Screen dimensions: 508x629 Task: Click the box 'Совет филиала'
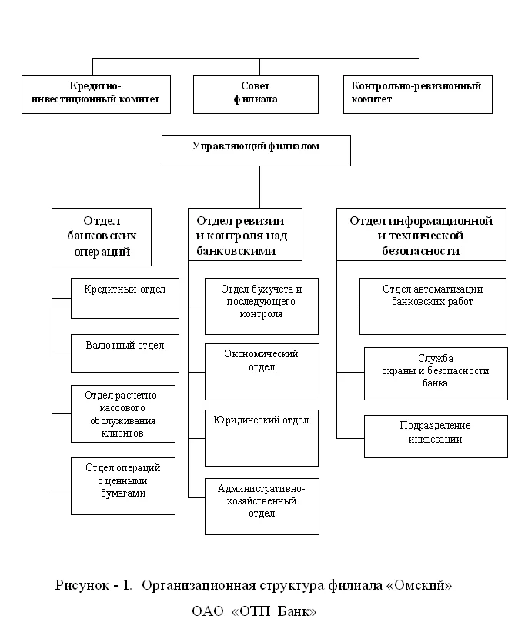click(x=256, y=95)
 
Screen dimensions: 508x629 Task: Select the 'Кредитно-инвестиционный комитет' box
click(x=96, y=95)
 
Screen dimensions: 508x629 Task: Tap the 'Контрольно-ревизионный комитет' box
click(x=418, y=95)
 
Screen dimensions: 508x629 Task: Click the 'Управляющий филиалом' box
click(x=256, y=150)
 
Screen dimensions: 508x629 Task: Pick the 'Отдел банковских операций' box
click(x=102, y=237)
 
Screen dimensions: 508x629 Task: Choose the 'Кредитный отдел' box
click(x=125, y=299)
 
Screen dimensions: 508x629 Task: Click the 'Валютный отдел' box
click(x=125, y=353)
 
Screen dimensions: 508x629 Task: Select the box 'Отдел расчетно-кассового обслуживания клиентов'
click(x=123, y=414)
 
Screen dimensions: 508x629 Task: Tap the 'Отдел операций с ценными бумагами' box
click(x=123, y=487)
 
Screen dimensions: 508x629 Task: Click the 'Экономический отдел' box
click(x=262, y=372)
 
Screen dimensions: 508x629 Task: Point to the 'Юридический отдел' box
click(x=262, y=438)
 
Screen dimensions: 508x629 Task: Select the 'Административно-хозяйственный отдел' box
click(x=262, y=507)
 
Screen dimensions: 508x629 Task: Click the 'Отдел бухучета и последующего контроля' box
click(x=262, y=306)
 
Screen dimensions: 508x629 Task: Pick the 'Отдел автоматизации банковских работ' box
click(x=433, y=306)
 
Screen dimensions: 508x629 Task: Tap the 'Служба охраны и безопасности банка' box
click(x=436, y=374)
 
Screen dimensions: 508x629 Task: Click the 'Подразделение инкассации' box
click(x=436, y=437)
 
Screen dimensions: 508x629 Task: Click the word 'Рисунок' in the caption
click(x=82, y=585)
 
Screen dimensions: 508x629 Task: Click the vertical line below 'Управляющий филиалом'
click(x=260, y=187)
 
